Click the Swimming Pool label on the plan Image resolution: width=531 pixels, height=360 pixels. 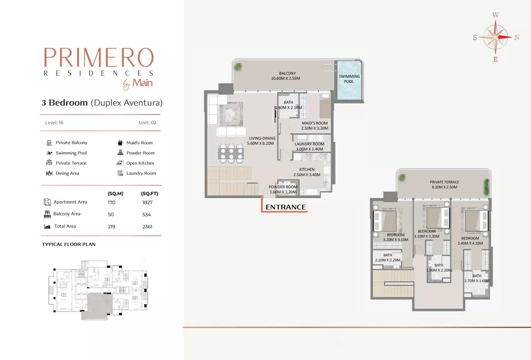pyautogui.click(x=349, y=79)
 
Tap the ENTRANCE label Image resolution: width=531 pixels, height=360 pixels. pyautogui.click(x=286, y=207)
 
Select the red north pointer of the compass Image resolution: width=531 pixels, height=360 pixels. pyautogui.click(x=505, y=37)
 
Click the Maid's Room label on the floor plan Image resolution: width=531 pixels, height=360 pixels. pyautogui.click(x=314, y=123)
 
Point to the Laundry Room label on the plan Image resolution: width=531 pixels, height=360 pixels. pyautogui.click(x=309, y=144)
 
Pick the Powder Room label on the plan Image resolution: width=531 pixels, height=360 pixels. pyautogui.click(x=283, y=187)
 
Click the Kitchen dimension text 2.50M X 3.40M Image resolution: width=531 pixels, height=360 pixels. pyautogui.click(x=307, y=175)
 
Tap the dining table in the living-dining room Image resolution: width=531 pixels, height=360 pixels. pyautogui.click(x=231, y=153)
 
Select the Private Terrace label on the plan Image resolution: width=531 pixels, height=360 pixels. pyautogui.click(x=444, y=182)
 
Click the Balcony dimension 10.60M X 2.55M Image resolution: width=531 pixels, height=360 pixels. pyautogui.click(x=285, y=78)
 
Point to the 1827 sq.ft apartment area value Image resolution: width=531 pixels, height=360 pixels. pyautogui.click(x=147, y=202)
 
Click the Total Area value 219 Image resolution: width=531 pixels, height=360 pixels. pyautogui.click(x=111, y=227)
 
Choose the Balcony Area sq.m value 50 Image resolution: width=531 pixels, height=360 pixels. pyautogui.click(x=111, y=215)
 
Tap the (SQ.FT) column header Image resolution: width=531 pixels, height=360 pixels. pyautogui.click(x=150, y=194)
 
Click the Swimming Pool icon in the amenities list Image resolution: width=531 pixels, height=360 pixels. pyautogui.click(x=49, y=153)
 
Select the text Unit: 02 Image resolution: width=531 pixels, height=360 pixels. pyautogui.click(x=147, y=123)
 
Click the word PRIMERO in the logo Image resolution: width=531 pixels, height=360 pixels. pyautogui.click(x=99, y=58)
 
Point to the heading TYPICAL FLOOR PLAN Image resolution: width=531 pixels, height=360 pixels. pyautogui.click(x=69, y=244)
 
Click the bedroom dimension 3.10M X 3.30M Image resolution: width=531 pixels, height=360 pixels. pyautogui.click(x=427, y=237)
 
